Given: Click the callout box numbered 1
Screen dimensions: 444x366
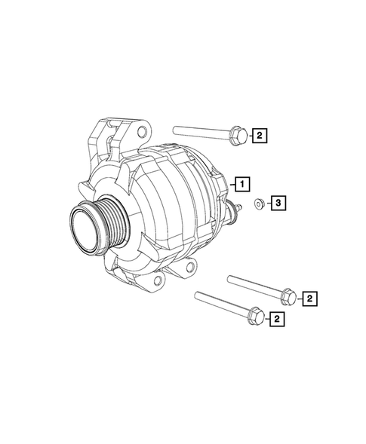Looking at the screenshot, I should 241,182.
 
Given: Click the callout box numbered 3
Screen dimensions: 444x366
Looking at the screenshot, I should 278,203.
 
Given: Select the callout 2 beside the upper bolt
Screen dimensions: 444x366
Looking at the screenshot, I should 259,136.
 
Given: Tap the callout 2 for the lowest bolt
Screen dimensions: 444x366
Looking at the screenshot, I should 278,320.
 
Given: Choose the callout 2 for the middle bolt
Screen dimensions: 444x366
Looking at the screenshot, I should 309,299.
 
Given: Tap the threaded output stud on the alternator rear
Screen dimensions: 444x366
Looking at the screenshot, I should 239,207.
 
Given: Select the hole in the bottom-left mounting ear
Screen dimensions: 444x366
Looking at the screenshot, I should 157,281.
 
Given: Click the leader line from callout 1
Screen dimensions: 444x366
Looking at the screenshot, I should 229,182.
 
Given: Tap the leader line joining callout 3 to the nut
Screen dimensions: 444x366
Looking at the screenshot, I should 267,203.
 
